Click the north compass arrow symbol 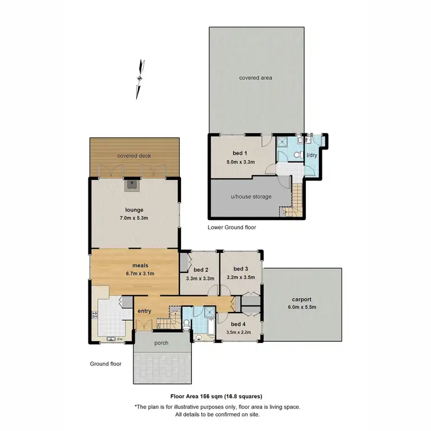tap(139, 79)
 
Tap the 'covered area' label tap(256, 78)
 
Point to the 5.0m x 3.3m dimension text tap(241, 163)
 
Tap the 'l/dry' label tap(311, 155)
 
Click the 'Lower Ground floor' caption tap(232, 228)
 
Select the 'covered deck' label tap(133, 156)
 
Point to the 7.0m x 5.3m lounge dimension tap(133, 218)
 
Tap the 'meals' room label tap(140, 265)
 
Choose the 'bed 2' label tap(200, 270)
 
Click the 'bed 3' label tap(240, 268)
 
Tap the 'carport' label tap(301, 299)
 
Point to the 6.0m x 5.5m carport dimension tap(301, 308)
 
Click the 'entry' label tap(144, 311)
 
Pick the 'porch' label tap(161, 343)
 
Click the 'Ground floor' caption tap(106, 364)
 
